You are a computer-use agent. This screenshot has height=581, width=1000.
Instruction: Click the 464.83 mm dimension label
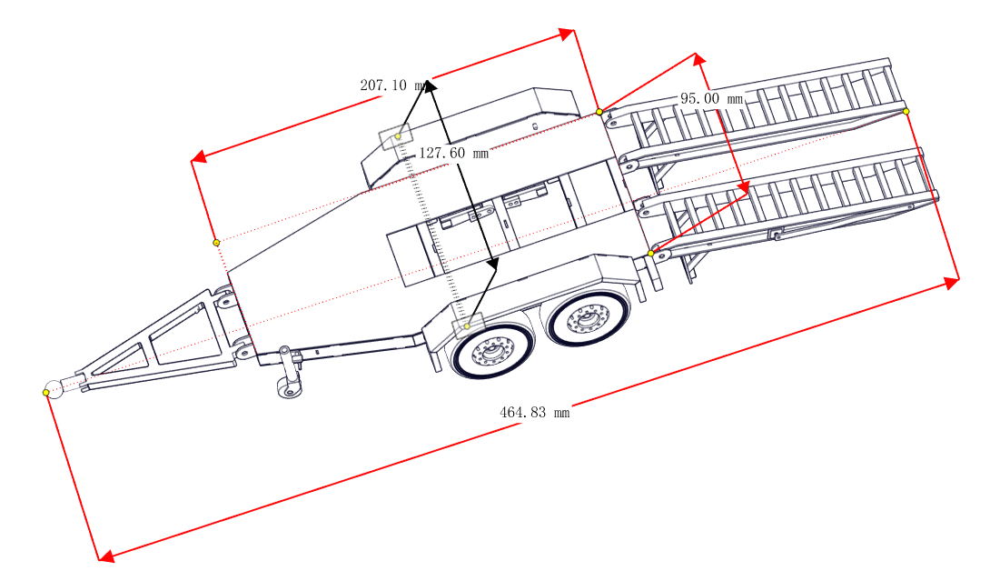pos(534,413)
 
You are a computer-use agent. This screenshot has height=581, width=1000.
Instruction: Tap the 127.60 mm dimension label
pos(453,154)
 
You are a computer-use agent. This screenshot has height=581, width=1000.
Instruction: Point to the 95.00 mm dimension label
pos(711,98)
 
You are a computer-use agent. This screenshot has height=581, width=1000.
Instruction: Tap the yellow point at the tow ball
pos(46,392)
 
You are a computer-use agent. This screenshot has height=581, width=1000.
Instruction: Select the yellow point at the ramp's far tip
pos(906,111)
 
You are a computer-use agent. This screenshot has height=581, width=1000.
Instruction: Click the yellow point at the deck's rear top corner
pos(599,112)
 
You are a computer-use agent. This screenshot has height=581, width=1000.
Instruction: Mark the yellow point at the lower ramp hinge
pos(650,254)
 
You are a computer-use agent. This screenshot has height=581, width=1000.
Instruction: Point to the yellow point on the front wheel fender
pos(467,326)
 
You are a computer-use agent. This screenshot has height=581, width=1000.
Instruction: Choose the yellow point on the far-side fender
pos(398,136)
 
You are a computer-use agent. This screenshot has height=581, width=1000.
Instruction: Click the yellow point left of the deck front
pos(216,243)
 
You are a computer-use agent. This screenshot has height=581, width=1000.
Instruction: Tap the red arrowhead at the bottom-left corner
pos(106,556)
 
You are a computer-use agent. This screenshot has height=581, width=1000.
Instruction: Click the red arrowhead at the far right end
pos(952,282)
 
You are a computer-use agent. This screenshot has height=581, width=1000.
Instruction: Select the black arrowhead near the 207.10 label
pos(430,86)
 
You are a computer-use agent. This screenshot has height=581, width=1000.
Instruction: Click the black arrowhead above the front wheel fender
pos(491,263)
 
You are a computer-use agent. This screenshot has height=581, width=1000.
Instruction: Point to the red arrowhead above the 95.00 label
pos(699,59)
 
